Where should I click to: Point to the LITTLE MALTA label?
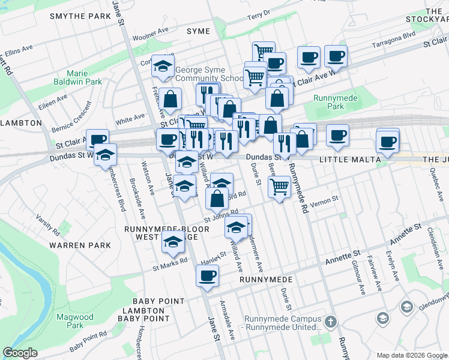[x=349, y=160]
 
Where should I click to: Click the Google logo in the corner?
[x=20, y=353]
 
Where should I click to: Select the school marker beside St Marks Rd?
[x=173, y=241]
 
